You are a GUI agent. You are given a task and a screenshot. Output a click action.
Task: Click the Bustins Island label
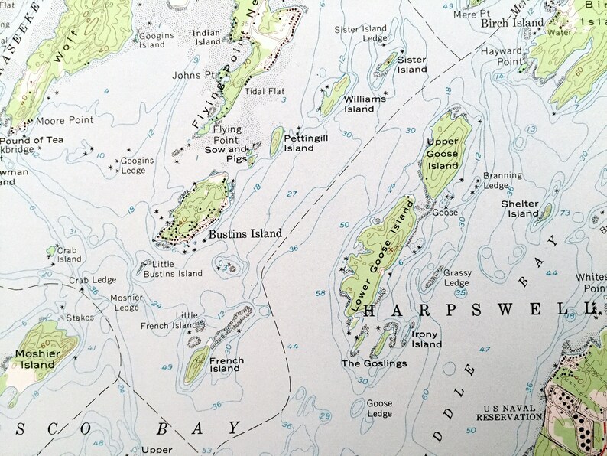click(x=245, y=233)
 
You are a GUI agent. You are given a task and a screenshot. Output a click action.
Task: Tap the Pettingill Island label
click(x=299, y=143)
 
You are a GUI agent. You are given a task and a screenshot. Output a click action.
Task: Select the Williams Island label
click(x=359, y=103)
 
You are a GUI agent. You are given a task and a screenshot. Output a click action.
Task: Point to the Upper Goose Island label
click(x=443, y=155)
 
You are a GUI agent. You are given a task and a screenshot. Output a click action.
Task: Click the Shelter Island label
click(x=520, y=208)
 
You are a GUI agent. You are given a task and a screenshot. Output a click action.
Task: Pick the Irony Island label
click(x=427, y=339)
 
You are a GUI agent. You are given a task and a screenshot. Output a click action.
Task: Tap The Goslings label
click(x=374, y=363)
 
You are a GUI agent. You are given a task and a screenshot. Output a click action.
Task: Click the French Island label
click(x=226, y=364)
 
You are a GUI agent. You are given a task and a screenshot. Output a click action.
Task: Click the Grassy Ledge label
click(x=457, y=278)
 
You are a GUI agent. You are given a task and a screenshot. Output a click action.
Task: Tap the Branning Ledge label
click(x=502, y=180)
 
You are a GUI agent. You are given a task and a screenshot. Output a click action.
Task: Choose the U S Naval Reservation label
click(x=509, y=412)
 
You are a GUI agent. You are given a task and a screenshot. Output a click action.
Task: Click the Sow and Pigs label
click(x=227, y=154)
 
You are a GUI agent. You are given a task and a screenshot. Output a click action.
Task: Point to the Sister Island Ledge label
click(x=362, y=34)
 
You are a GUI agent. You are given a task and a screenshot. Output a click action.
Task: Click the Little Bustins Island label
click(x=174, y=269)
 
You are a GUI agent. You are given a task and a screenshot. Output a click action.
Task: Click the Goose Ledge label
click(x=379, y=409)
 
